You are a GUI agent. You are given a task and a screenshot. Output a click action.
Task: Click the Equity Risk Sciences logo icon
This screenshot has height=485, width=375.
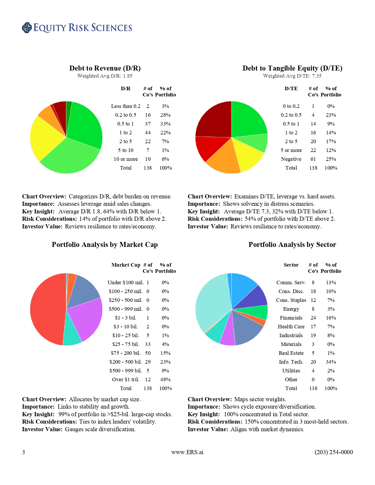[27, 28]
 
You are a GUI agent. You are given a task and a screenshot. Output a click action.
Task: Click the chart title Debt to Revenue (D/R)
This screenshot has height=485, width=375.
[105, 68]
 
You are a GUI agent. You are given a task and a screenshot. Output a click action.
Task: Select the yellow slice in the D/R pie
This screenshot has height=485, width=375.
[46, 138]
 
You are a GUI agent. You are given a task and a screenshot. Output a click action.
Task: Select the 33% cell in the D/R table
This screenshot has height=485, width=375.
[165, 124]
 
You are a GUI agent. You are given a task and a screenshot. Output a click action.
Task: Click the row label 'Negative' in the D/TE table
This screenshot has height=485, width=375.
[291, 159]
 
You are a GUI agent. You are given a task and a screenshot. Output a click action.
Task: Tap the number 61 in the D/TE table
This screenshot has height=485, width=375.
[313, 159]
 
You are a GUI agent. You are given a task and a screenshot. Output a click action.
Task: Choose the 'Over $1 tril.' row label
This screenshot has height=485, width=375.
[126, 379]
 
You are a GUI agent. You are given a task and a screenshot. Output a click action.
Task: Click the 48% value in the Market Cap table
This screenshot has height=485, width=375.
[165, 379]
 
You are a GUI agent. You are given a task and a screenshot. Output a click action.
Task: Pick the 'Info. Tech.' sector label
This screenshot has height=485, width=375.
[291, 362]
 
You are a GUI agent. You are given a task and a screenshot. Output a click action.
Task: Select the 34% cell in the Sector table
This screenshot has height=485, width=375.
[331, 362]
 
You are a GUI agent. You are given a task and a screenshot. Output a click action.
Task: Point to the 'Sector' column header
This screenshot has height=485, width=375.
[291, 265]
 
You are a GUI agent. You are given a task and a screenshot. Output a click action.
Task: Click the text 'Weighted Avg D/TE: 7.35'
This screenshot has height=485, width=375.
[292, 76]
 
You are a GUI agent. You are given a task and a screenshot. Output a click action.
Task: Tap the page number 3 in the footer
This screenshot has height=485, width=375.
[24, 452]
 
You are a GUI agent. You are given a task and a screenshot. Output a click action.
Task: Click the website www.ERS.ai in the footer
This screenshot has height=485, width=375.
[187, 452]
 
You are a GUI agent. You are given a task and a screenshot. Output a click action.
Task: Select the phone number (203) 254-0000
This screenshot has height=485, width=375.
[334, 452]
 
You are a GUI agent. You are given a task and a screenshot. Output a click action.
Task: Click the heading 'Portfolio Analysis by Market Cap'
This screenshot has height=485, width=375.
[105, 245]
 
